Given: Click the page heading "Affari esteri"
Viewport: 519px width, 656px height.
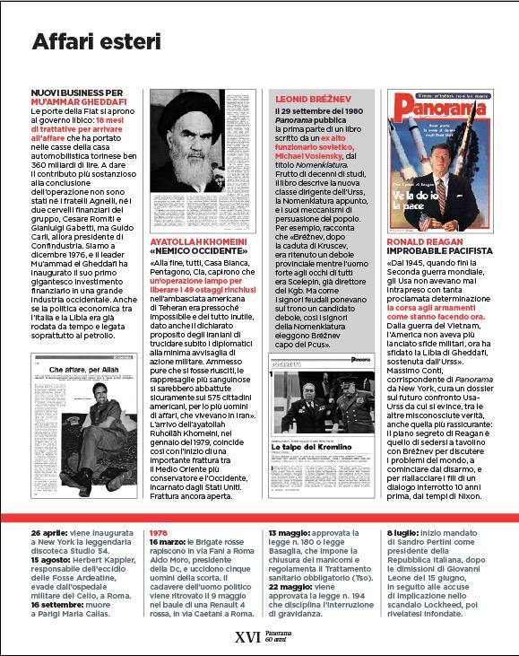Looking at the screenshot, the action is (96, 41).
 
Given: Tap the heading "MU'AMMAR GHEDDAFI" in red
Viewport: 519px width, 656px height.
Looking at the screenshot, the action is (79, 101).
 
